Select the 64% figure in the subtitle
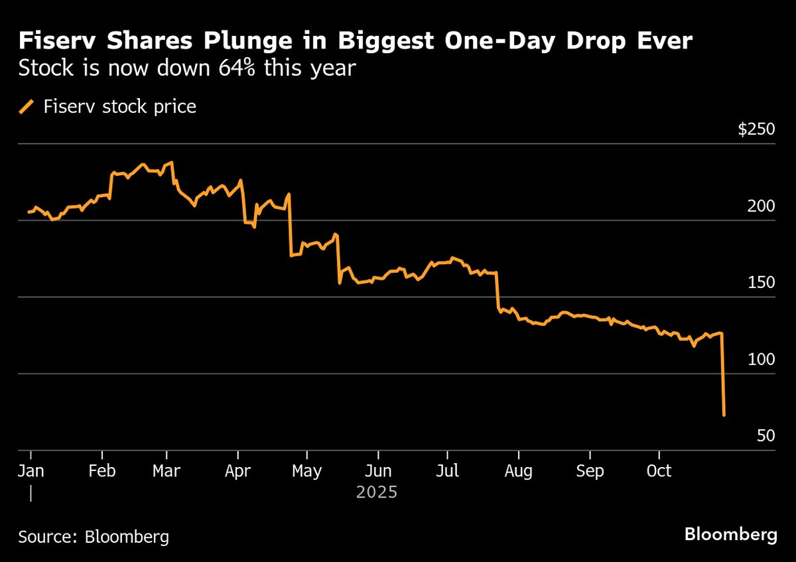[237, 68]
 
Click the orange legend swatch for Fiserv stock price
[27, 106]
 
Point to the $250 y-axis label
[756, 129]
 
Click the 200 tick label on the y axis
[762, 206]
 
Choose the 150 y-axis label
[762, 283]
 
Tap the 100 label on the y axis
[762, 360]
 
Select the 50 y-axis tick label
[765, 436]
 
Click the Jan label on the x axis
[31, 470]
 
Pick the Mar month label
[166, 470]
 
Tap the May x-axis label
[306, 470]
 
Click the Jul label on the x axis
[447, 470]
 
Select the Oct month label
[658, 470]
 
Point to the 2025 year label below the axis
[376, 492]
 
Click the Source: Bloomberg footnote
[94, 537]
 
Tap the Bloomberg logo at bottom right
[730, 535]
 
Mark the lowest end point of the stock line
[724, 415]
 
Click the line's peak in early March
[172, 162]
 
